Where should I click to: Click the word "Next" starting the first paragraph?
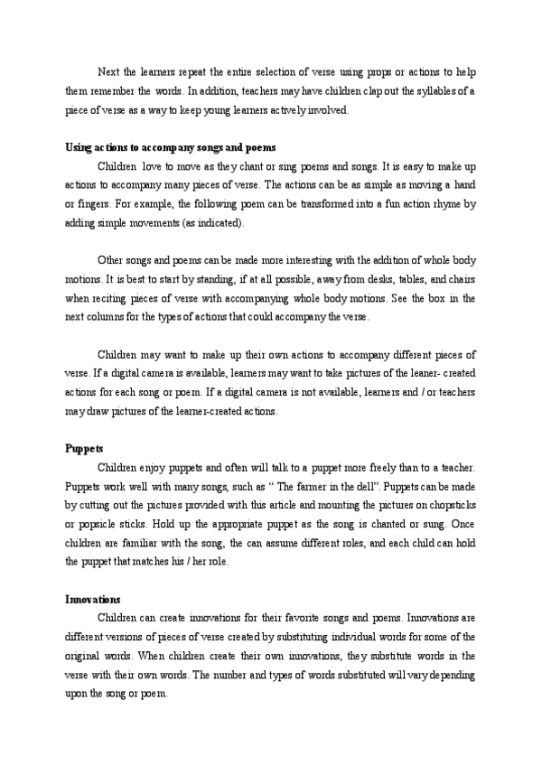coord(107,72)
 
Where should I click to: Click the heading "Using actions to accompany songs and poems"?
coord(171,148)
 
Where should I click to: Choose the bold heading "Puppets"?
coord(84,448)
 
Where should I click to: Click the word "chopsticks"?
coord(449,505)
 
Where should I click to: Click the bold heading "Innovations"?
coord(93,599)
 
